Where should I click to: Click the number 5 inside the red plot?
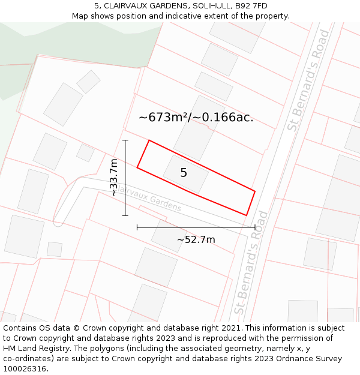click(x=184, y=173)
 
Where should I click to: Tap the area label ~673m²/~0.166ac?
click(x=196, y=117)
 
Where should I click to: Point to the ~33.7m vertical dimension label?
click(x=113, y=178)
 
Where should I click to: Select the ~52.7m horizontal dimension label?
click(x=196, y=240)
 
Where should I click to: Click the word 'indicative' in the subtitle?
click(x=194, y=16)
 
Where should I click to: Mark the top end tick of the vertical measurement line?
click(x=125, y=140)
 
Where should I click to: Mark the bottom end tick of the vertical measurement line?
click(x=125, y=215)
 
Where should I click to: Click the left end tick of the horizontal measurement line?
click(x=137, y=227)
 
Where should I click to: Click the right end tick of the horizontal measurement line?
click(x=255, y=227)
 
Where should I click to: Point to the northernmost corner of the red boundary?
click(x=149, y=141)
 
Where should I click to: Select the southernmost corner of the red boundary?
click(x=247, y=215)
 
